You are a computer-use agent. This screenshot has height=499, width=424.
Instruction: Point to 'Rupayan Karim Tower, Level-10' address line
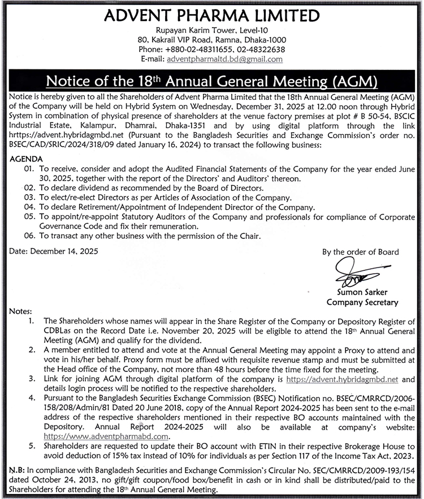[212, 30]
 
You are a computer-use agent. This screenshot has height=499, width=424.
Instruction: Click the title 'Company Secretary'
[362, 302]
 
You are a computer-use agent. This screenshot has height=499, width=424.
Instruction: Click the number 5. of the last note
[31, 447]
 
